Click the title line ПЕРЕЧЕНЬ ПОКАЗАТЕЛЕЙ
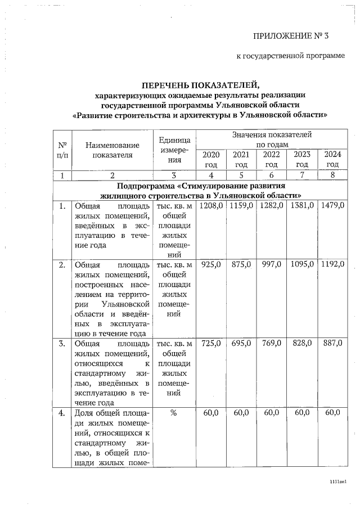200,85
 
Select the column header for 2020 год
211,159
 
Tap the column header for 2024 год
332,159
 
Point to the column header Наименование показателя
112,150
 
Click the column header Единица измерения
174,150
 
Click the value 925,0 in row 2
211,264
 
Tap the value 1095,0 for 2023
302,264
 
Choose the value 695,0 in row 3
241,343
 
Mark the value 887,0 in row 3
332,343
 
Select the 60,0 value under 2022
272,413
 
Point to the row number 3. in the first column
63,343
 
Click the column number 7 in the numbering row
302,175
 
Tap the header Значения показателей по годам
272,139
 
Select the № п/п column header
62,150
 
